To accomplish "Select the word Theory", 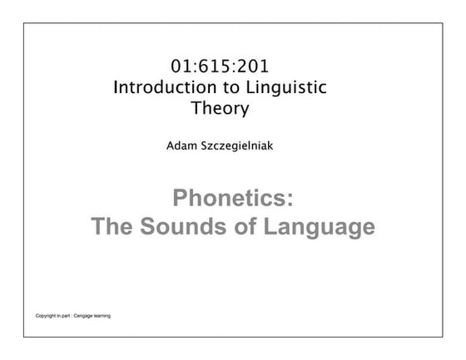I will click(x=220, y=107).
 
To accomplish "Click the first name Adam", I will click(x=182, y=145).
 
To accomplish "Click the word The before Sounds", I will click(x=116, y=226).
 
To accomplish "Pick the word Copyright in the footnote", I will click(x=47, y=316).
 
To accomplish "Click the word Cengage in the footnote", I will click(x=85, y=316).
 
